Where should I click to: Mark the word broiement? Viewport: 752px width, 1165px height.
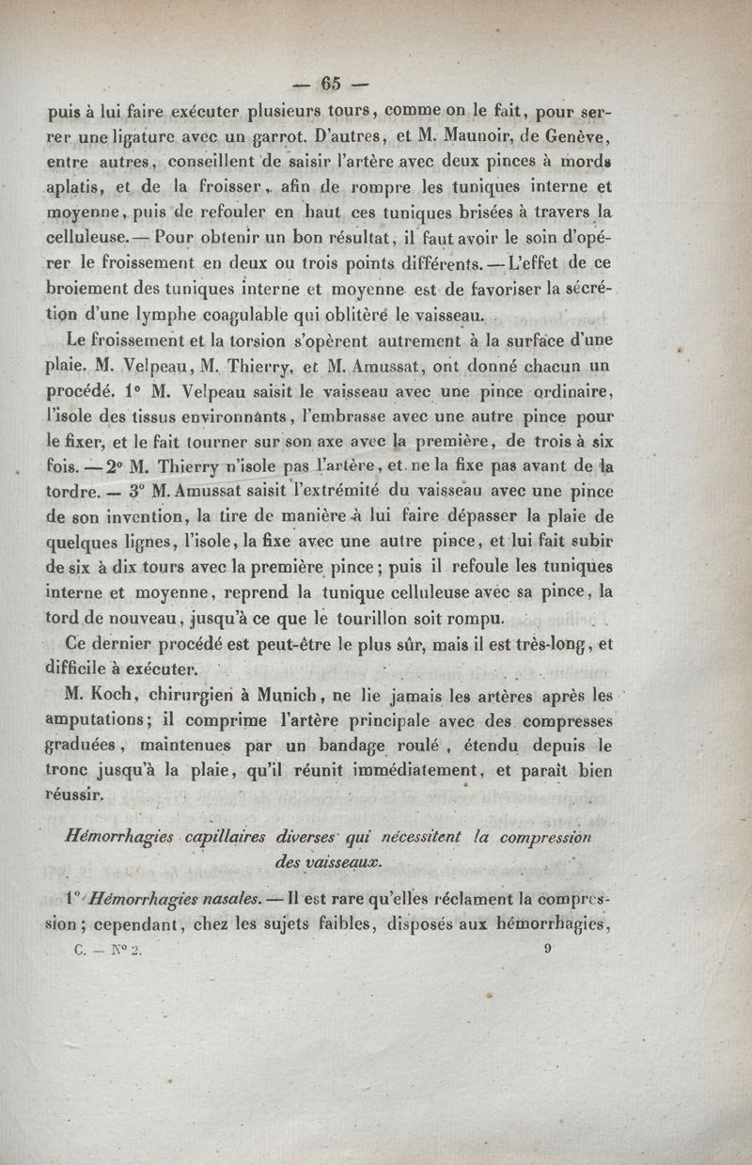pos(95,287)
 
